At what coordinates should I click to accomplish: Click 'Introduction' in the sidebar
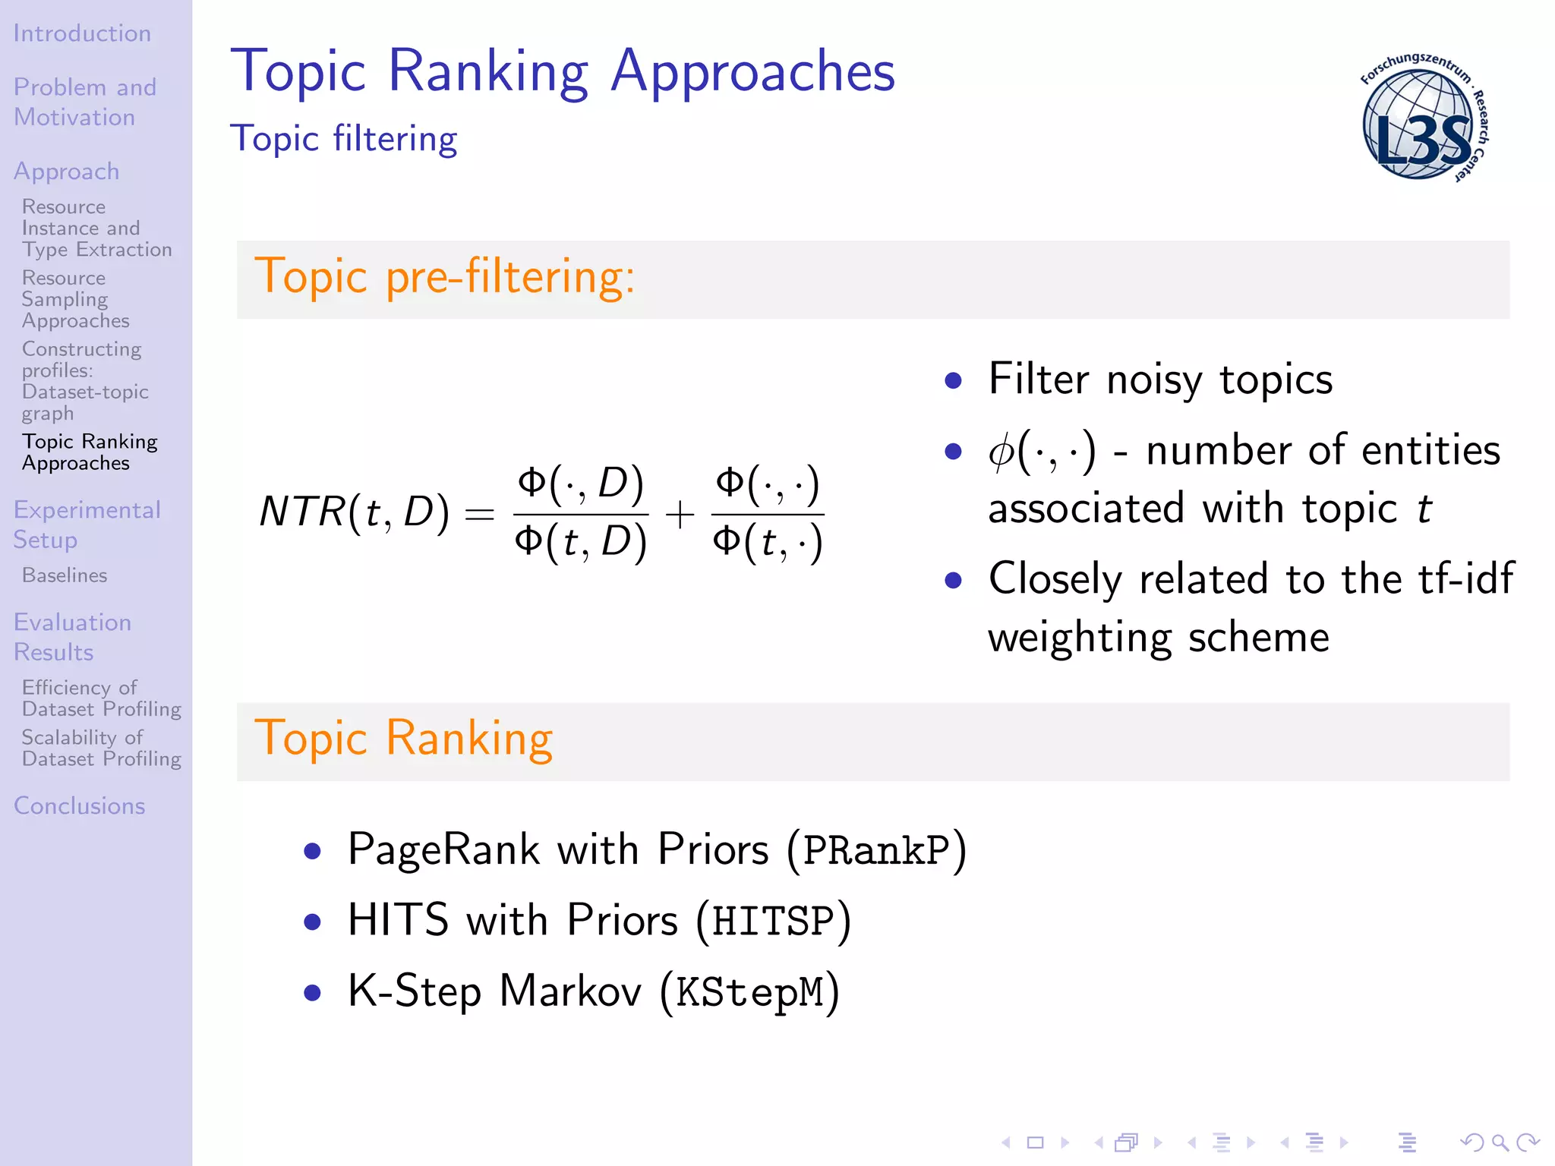point(82,33)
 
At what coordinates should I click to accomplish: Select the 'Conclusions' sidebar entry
point(80,805)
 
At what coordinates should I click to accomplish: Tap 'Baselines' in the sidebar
point(65,575)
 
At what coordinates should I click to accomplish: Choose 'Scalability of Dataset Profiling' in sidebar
point(101,748)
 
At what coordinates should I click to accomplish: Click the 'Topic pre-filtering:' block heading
point(444,276)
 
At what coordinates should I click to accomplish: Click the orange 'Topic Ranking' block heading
point(403,738)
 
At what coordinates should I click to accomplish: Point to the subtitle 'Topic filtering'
point(343,139)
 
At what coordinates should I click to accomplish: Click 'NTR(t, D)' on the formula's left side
point(354,512)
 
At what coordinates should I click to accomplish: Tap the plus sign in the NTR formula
point(680,515)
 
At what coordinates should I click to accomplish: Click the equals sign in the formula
point(480,515)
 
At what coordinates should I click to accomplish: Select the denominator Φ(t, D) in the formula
point(581,543)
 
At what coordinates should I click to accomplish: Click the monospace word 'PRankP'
point(876,850)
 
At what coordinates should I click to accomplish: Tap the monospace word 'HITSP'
point(773,922)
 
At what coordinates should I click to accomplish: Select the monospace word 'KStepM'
point(749,992)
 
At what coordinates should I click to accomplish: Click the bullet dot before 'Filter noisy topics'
point(954,380)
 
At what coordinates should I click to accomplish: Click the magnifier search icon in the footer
point(1500,1142)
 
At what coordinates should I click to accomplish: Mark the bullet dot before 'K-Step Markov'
point(312,993)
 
